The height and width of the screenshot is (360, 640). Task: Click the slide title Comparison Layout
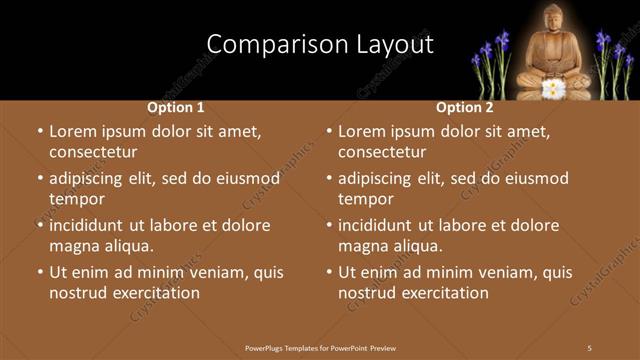pyautogui.click(x=319, y=45)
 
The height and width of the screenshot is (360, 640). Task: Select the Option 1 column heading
pyautogui.click(x=176, y=107)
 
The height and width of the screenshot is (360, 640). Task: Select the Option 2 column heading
pyautogui.click(x=465, y=107)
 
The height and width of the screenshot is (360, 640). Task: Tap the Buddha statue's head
pyautogui.click(x=554, y=19)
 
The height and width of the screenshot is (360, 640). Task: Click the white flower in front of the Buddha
pyautogui.click(x=552, y=88)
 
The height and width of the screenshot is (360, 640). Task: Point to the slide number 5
pyautogui.click(x=589, y=347)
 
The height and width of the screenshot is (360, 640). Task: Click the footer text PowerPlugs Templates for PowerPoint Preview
pyautogui.click(x=321, y=347)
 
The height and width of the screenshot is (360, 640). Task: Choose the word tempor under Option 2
pyautogui.click(x=366, y=199)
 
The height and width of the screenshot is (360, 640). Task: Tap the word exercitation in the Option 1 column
pyautogui.click(x=154, y=293)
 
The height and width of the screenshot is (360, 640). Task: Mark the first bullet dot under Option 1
pyautogui.click(x=39, y=131)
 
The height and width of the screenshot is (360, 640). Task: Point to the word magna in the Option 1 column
pyautogui.click(x=73, y=246)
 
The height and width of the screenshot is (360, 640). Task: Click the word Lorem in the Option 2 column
pyautogui.click(x=362, y=131)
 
